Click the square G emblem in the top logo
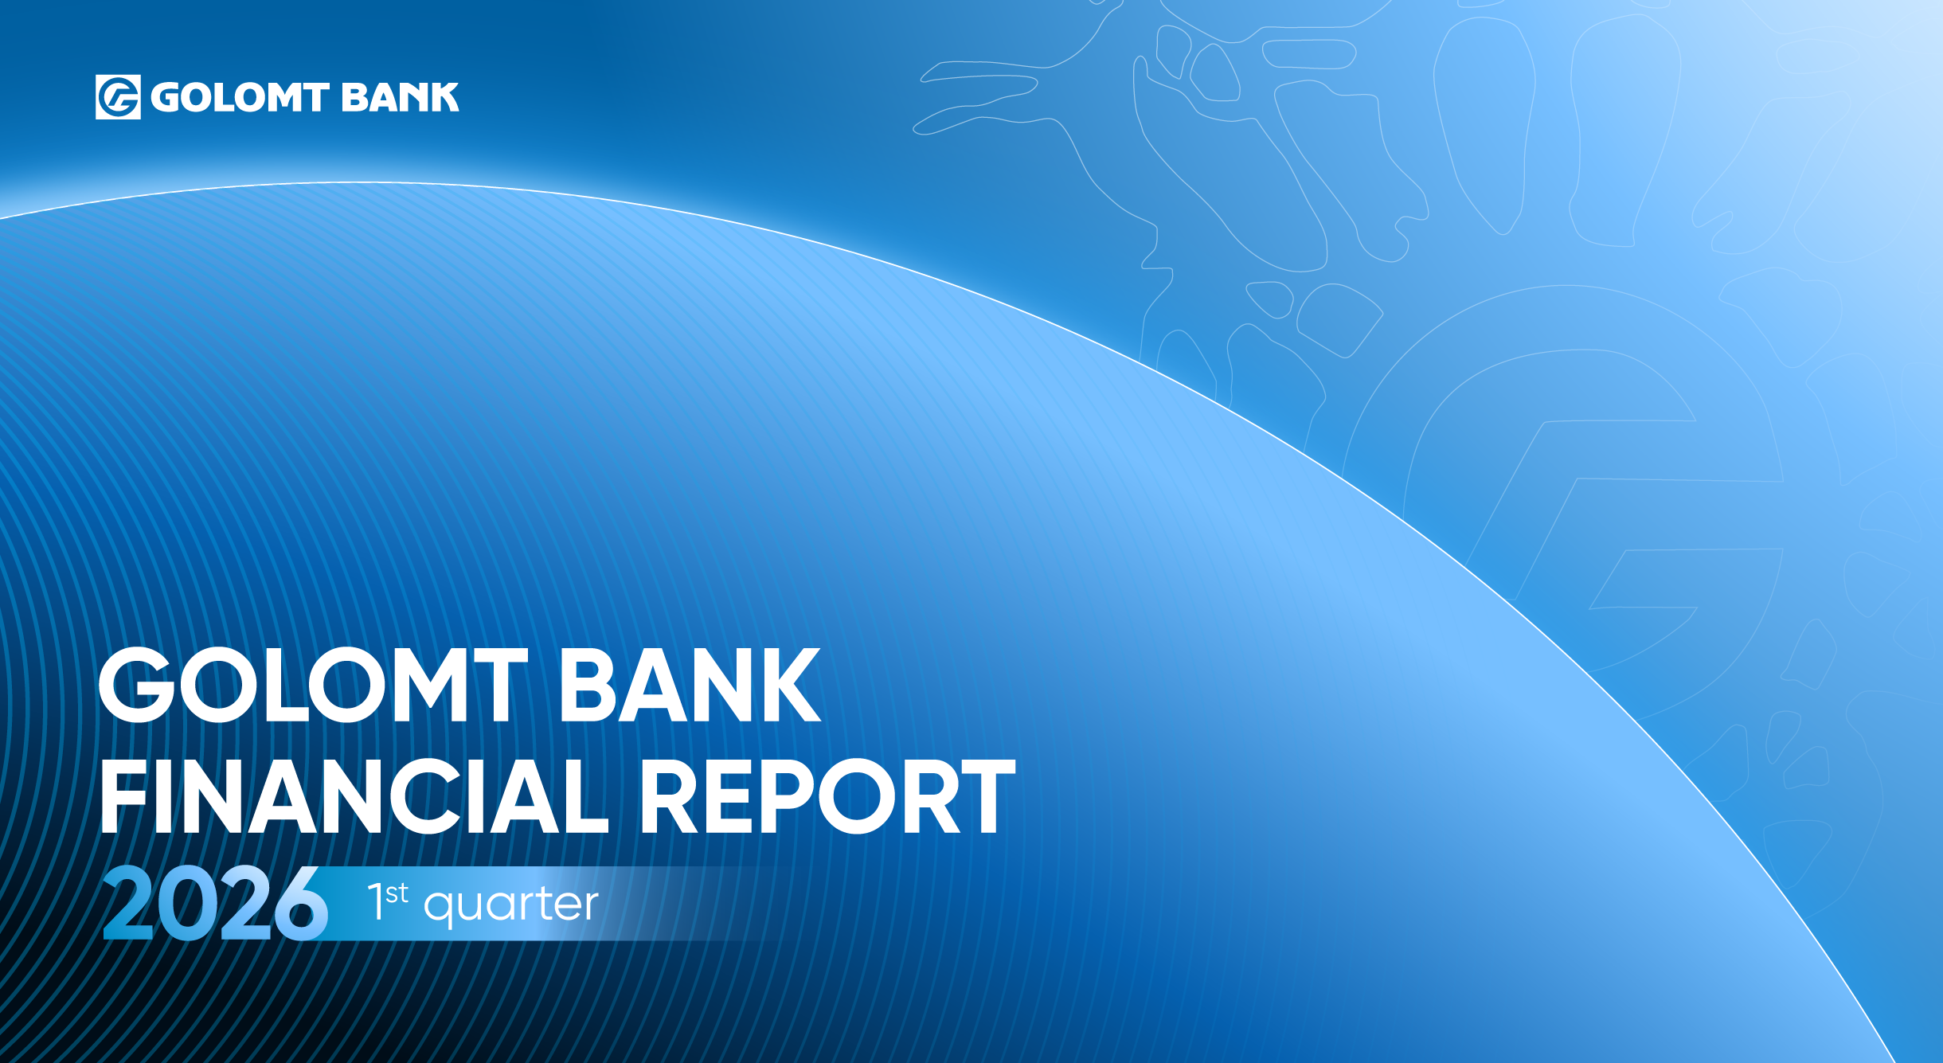[x=118, y=97]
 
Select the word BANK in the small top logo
[x=401, y=97]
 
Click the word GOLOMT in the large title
[x=313, y=684]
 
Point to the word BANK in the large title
[x=690, y=684]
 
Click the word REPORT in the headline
[x=828, y=795]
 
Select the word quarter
[x=510, y=906]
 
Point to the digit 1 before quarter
[x=376, y=902]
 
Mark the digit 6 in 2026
[x=301, y=904]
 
